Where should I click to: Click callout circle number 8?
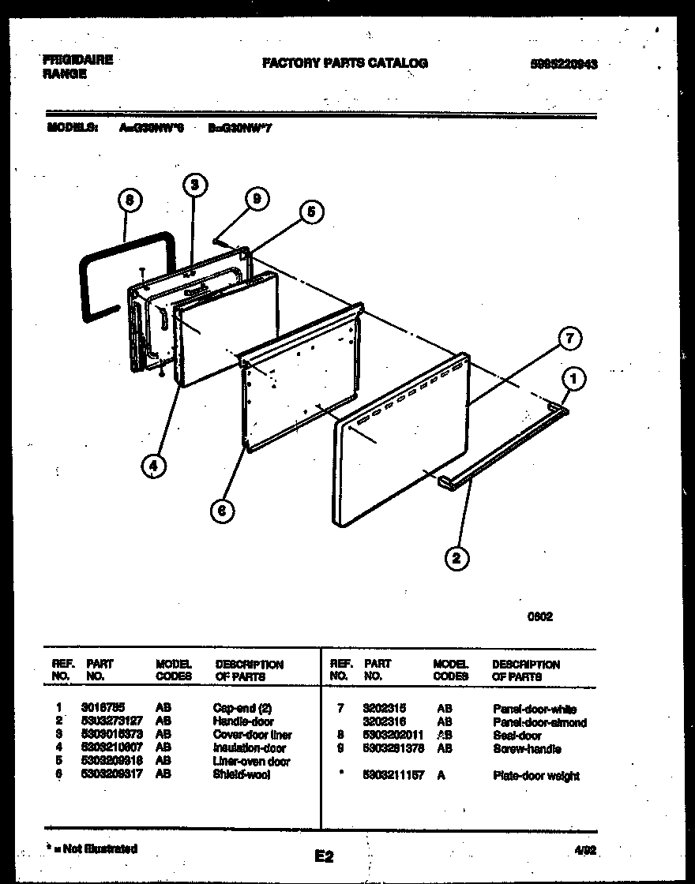(130, 201)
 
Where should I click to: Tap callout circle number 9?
(254, 200)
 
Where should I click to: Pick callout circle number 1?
(574, 380)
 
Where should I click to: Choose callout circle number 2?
(456, 558)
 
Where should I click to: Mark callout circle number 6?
(222, 511)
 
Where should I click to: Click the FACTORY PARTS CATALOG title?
(345, 63)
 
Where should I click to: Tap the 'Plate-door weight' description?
(535, 776)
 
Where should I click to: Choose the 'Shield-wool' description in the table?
(241, 775)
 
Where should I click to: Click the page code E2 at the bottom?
(324, 855)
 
